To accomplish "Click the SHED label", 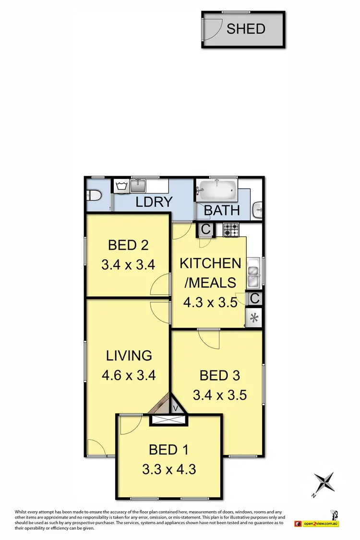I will pos(246,28).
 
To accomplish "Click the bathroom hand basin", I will pos(258,208).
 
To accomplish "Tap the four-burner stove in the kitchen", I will pos(231,230).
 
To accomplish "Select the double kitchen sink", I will pos(253,273).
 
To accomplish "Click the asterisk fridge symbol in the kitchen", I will pos(254,317).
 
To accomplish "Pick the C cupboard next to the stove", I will pos(206,230).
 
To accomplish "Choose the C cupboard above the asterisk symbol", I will pos(254,298).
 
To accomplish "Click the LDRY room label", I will pos(154,202).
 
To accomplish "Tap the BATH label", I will pos(222,210).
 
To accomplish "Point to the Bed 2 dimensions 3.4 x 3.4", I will pos(128,264).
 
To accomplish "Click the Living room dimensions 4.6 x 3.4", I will pos(129,375).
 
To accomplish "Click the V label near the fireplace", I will pos(175,408).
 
